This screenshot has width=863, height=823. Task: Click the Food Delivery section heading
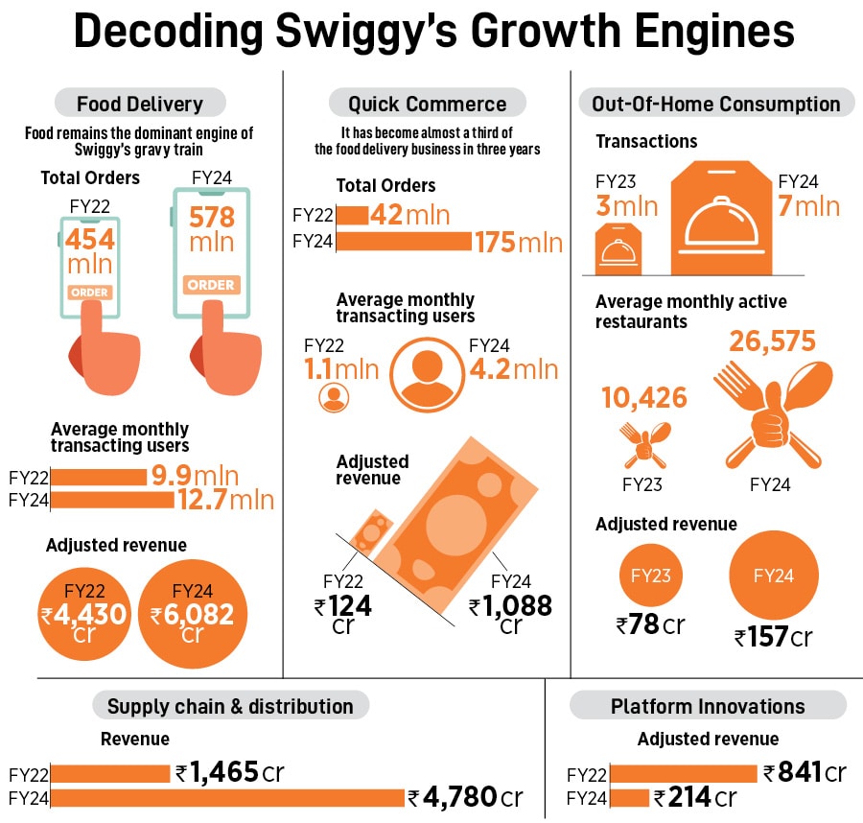140,104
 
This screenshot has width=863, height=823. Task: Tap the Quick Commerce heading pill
427,104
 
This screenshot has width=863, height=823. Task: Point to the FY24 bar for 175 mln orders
404,241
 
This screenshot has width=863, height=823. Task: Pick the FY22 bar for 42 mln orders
352,215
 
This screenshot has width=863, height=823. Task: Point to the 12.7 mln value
225,500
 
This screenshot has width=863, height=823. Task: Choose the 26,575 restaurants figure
772,342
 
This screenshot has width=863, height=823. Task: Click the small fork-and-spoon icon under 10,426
642,443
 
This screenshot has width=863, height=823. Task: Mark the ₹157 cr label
773,637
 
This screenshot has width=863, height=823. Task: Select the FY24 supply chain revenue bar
227,797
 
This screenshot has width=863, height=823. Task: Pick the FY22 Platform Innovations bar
683,773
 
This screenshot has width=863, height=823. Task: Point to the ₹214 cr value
695,797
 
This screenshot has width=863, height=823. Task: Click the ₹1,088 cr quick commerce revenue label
510,614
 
